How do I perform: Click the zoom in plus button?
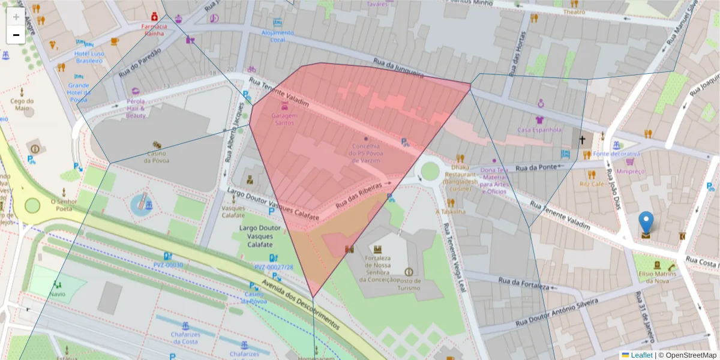click(16, 17)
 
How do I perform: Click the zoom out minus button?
click(16, 35)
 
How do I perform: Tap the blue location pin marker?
click(646, 223)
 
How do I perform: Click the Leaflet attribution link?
click(641, 355)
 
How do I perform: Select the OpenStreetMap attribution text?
click(687, 355)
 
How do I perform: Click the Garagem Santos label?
click(284, 118)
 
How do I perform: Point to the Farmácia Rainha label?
click(154, 29)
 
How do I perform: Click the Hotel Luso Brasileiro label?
click(89, 57)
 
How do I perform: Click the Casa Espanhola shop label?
click(539, 129)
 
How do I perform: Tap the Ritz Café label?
click(592, 184)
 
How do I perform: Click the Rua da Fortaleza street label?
click(523, 283)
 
